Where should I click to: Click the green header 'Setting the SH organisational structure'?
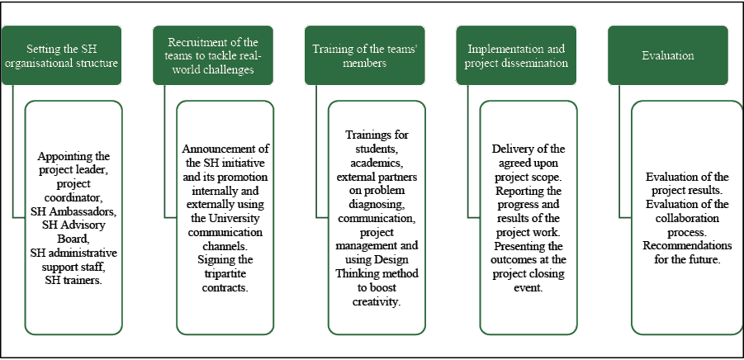point(62,55)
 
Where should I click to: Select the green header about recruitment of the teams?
point(213,55)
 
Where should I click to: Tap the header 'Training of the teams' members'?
point(365,55)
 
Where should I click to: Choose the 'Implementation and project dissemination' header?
point(516,55)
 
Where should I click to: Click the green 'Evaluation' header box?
point(668,55)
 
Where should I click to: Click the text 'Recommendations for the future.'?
point(687,252)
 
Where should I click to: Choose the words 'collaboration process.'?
point(687,225)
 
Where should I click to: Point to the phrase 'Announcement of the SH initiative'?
point(225,155)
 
